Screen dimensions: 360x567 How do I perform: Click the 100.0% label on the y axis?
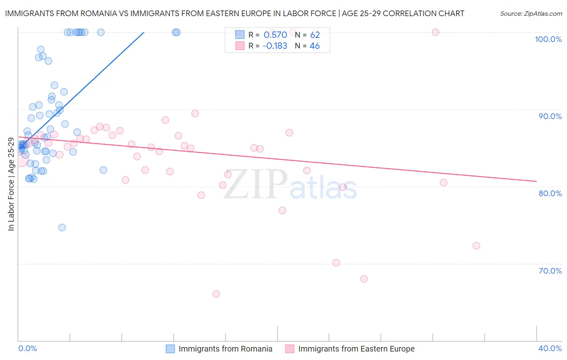click(x=548, y=39)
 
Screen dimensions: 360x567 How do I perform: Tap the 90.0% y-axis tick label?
click(x=550, y=116)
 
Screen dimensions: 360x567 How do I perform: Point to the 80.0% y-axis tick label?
click(x=550, y=193)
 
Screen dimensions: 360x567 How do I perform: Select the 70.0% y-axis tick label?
click(x=550, y=271)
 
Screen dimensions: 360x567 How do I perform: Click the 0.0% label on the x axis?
click(x=27, y=348)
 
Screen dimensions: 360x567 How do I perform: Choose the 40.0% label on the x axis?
click(x=550, y=348)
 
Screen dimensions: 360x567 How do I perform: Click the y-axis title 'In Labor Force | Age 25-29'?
click(x=11, y=184)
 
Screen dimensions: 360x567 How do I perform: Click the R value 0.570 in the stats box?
click(x=275, y=35)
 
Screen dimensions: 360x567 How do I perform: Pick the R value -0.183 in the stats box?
click(x=275, y=46)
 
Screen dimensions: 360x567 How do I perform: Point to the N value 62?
click(x=315, y=35)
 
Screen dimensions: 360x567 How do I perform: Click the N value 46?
click(x=315, y=46)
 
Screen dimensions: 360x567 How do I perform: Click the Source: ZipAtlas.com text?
click(x=531, y=14)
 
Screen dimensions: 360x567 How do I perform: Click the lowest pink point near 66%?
click(x=216, y=294)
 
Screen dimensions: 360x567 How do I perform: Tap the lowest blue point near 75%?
click(x=62, y=228)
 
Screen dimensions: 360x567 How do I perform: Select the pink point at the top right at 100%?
click(x=436, y=32)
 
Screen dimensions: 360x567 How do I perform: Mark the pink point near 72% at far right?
click(x=476, y=246)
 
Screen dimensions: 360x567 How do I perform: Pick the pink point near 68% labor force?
click(x=364, y=279)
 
